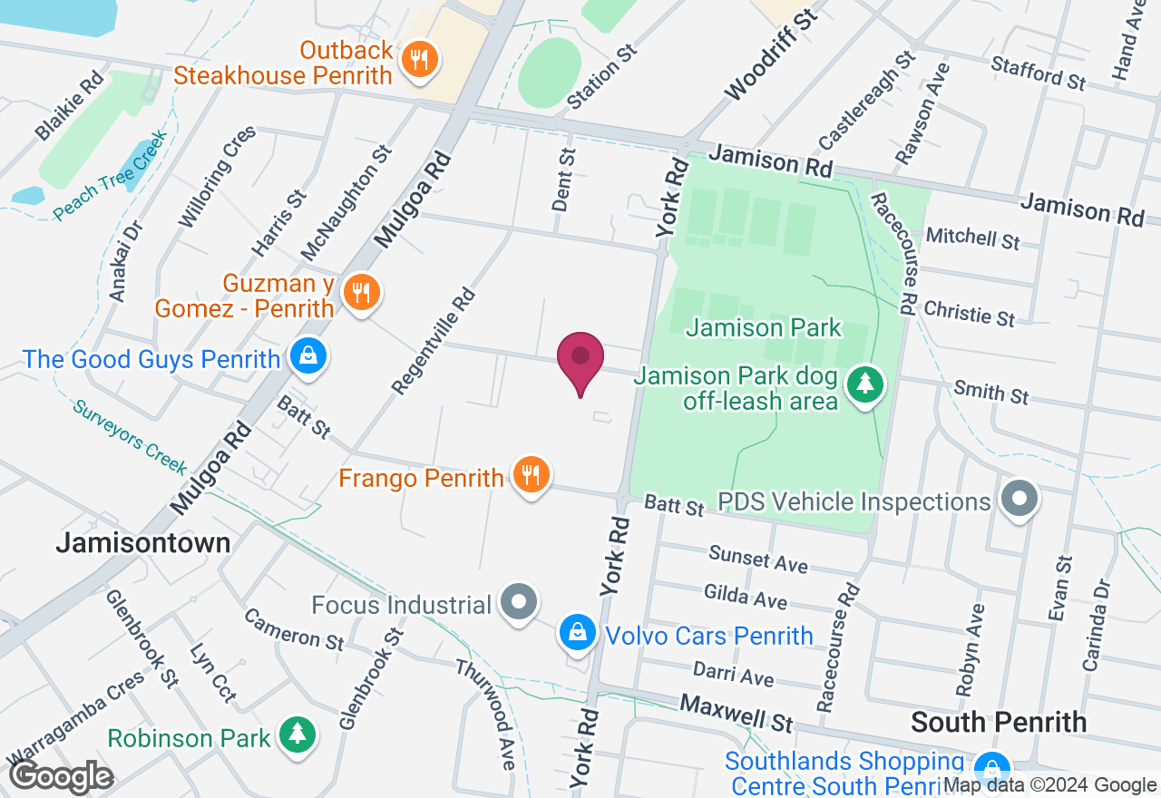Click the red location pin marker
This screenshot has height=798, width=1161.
point(580,360)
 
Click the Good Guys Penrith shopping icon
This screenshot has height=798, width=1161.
point(308,357)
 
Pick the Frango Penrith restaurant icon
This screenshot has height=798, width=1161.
point(531,475)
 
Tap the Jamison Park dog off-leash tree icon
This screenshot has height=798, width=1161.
point(865,384)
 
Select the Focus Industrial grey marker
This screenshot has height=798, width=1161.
point(519,603)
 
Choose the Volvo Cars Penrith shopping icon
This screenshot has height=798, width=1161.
point(577,634)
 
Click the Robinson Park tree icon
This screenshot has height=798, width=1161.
point(297,735)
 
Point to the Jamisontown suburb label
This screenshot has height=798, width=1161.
point(143,543)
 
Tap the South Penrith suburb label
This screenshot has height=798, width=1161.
point(999,722)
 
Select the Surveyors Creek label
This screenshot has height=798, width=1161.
point(131,436)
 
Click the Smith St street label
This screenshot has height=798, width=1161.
point(990,392)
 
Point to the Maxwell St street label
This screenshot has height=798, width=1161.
point(737,713)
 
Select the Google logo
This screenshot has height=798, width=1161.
point(61,777)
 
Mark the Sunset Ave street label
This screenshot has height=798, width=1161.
point(758,559)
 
